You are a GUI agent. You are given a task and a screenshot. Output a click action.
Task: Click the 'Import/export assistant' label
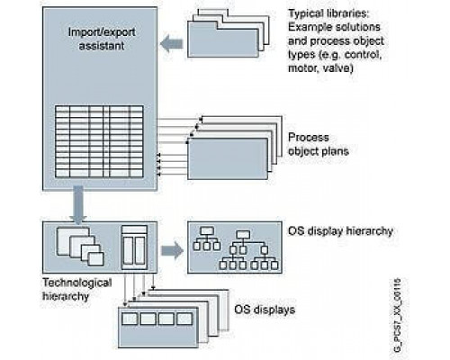(x=102, y=39)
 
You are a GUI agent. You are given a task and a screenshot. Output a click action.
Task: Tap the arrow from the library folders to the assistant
(x=172, y=44)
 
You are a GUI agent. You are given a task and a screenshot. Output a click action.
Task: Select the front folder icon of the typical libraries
(x=223, y=39)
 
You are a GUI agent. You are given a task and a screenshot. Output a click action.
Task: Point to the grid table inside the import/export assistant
(x=99, y=141)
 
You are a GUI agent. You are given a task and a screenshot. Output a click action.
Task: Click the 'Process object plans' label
(x=319, y=144)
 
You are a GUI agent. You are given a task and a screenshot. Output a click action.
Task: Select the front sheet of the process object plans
(x=228, y=158)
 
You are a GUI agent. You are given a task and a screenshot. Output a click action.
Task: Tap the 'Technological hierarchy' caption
(x=77, y=289)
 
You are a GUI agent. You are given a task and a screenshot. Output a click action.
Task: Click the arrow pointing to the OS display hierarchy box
(x=172, y=251)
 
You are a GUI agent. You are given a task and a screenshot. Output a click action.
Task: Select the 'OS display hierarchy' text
(x=340, y=231)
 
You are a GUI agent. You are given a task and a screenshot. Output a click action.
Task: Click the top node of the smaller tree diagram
(x=207, y=231)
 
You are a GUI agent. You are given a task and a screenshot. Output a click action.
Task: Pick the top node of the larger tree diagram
(x=243, y=235)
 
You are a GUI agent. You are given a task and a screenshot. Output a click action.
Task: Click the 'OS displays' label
(x=265, y=310)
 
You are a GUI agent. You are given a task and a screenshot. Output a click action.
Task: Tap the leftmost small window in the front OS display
(x=130, y=319)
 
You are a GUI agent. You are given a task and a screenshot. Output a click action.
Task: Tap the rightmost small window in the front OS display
(x=184, y=319)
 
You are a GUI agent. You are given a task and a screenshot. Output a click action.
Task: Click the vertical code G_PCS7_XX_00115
(x=397, y=316)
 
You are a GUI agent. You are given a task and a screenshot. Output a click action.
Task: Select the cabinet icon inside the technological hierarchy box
(x=134, y=247)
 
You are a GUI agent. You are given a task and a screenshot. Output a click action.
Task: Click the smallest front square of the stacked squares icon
(x=96, y=259)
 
